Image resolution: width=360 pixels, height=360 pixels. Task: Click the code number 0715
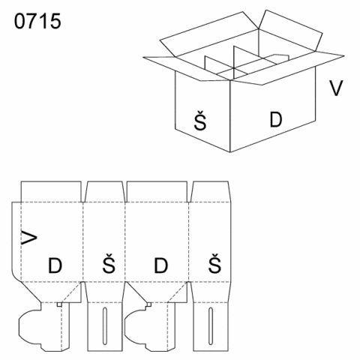click(37, 21)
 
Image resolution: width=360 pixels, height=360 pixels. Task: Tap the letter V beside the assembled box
click(336, 88)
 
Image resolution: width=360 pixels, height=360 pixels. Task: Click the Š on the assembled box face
click(200, 121)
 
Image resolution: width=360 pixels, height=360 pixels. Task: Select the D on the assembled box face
click(276, 119)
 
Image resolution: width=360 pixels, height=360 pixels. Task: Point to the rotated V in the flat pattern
click(29, 238)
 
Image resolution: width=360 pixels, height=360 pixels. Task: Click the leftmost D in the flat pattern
click(55, 265)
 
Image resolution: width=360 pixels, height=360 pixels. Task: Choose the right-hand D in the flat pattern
click(161, 265)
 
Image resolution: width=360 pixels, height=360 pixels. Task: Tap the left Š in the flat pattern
click(109, 263)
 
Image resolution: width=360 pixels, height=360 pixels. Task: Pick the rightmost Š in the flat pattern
click(214, 263)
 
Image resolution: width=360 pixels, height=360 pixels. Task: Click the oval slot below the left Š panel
click(105, 326)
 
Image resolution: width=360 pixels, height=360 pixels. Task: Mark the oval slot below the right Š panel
click(211, 326)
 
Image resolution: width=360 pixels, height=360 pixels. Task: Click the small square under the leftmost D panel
click(59, 304)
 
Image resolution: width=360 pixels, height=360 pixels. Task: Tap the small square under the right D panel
click(149, 304)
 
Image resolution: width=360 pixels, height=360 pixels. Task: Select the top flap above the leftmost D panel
click(51, 191)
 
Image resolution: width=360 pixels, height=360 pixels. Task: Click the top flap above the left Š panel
click(105, 191)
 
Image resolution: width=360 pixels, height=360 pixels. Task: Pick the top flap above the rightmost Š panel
click(211, 191)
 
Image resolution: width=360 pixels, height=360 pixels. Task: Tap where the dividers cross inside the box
click(234, 68)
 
